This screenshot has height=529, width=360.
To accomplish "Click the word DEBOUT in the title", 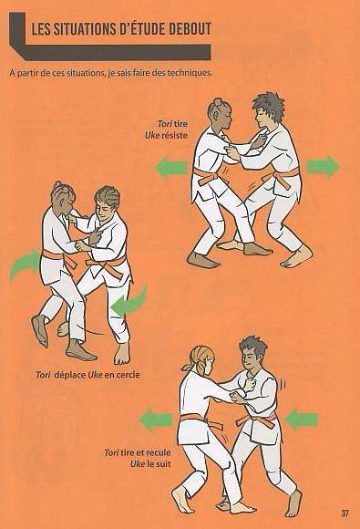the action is click(190, 29).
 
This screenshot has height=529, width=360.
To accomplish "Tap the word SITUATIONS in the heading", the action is click(82, 29).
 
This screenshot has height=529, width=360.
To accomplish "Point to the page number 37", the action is click(345, 513).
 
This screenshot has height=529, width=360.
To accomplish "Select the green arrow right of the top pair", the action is click(324, 167).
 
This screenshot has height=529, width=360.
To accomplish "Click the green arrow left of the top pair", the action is click(171, 167).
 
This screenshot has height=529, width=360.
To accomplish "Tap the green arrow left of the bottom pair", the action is click(156, 420).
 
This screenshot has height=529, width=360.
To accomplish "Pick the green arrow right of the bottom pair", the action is click(302, 420).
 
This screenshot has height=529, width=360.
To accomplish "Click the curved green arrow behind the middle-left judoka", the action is click(24, 264).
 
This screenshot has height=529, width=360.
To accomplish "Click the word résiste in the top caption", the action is click(175, 136).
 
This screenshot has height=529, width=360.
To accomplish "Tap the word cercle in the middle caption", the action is click(128, 375).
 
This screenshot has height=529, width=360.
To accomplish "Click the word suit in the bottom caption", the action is click(163, 464).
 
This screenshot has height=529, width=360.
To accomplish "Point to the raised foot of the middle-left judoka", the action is click(40, 330).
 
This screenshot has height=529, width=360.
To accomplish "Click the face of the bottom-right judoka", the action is click(249, 359).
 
